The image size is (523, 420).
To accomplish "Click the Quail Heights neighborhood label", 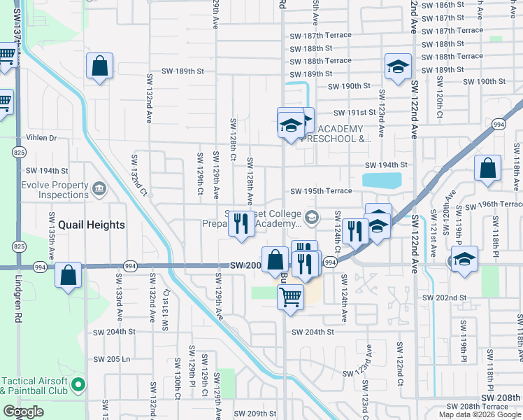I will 91,225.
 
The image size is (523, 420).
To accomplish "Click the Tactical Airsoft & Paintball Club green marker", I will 78,384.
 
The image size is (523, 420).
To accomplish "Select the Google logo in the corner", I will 24,412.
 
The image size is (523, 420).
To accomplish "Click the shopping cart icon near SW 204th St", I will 290,296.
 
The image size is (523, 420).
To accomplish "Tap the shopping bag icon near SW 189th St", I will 100,66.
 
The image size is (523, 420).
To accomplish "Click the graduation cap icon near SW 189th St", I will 398,67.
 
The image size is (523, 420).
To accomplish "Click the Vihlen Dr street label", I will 41,138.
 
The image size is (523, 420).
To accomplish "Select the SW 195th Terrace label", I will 321,191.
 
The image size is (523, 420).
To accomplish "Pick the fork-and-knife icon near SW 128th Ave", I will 241,224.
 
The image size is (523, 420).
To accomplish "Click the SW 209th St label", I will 255,414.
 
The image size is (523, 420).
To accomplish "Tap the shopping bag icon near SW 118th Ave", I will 487,169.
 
